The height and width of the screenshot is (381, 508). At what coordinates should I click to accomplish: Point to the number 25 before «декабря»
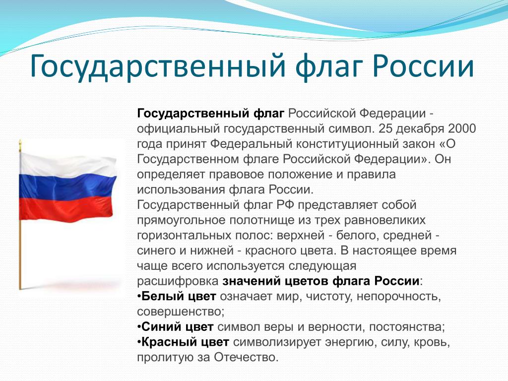(x=385, y=128)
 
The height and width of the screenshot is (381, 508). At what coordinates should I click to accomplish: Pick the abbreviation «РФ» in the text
(x=285, y=205)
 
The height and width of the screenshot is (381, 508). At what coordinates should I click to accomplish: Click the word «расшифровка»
(x=178, y=281)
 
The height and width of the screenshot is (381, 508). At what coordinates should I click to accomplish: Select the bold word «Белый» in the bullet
(x=158, y=297)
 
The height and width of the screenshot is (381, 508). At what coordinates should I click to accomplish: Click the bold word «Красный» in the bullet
(x=165, y=342)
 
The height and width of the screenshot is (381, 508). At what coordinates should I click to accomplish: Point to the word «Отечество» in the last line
(x=246, y=357)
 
